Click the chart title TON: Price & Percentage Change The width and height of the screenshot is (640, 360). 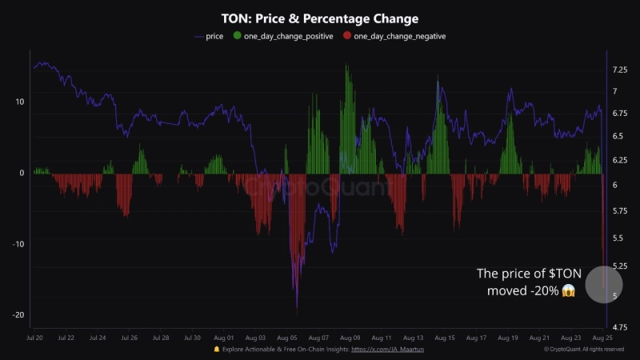pyautogui.click(x=319, y=18)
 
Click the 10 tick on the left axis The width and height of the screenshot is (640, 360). pyautogui.click(x=19, y=102)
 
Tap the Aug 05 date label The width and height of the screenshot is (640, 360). pyautogui.click(x=288, y=338)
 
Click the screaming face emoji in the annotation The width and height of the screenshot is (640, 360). pyautogui.click(x=569, y=290)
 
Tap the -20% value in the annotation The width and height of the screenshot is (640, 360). pyautogui.click(x=541, y=290)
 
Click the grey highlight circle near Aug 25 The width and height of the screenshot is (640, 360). pyautogui.click(x=603, y=283)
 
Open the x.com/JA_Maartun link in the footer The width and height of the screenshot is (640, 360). pyautogui.click(x=386, y=350)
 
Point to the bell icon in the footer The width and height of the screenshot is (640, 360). pyautogui.click(x=216, y=350)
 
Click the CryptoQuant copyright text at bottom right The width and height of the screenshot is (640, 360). pyautogui.click(x=588, y=350)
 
